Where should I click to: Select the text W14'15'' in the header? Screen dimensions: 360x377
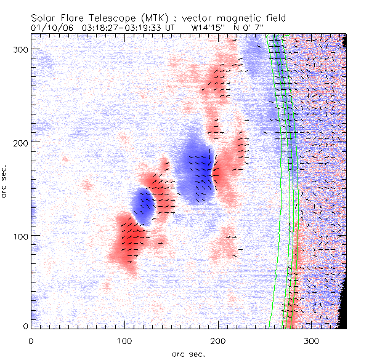(208, 28)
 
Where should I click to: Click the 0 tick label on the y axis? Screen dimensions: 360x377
(24, 326)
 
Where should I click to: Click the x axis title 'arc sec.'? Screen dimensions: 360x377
(188, 354)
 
